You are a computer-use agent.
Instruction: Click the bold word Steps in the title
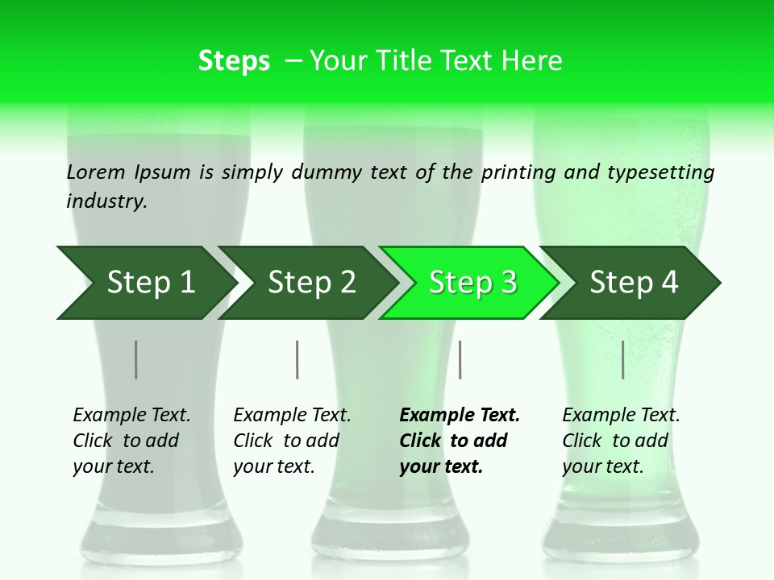[x=234, y=61]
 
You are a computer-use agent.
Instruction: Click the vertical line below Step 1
[x=135, y=359]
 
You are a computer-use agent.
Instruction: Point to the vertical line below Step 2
[x=298, y=359]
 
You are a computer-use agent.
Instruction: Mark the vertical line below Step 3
[x=460, y=359]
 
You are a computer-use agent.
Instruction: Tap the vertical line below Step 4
[x=623, y=359]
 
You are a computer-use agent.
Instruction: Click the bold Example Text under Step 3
[x=460, y=415]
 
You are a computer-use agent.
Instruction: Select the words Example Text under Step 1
[x=131, y=415]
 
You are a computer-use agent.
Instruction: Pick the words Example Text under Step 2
[x=292, y=415]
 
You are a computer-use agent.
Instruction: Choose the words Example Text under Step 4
[x=621, y=415]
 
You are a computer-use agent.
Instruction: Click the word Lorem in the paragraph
[x=96, y=172]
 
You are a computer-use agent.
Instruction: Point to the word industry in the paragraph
[x=106, y=201]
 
